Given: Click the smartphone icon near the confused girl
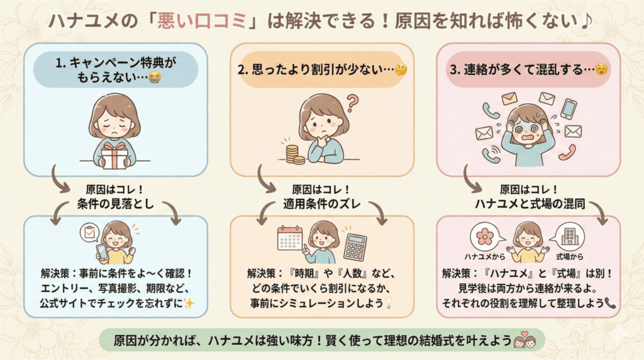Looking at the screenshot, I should click(569, 109).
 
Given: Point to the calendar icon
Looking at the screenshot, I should click(290, 239).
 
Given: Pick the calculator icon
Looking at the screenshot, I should click(355, 247).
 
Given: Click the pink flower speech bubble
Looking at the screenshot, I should click(484, 236).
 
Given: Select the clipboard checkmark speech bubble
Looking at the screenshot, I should click(91, 233).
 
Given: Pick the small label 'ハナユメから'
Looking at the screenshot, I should click(484, 258).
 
